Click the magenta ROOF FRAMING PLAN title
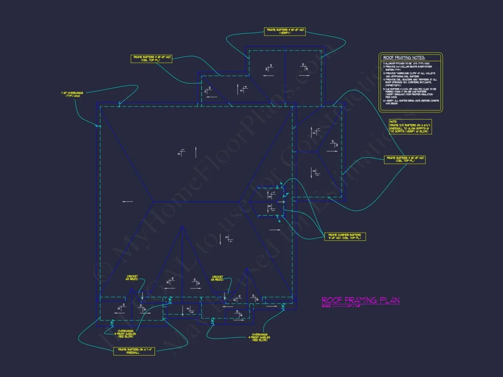point(360,300)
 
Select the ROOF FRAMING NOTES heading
point(404,58)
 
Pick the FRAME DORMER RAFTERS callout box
point(345,236)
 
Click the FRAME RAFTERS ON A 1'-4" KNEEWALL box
point(134,351)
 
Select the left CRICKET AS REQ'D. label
point(132,278)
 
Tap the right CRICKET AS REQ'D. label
point(217,278)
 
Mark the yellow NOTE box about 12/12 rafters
point(410,127)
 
